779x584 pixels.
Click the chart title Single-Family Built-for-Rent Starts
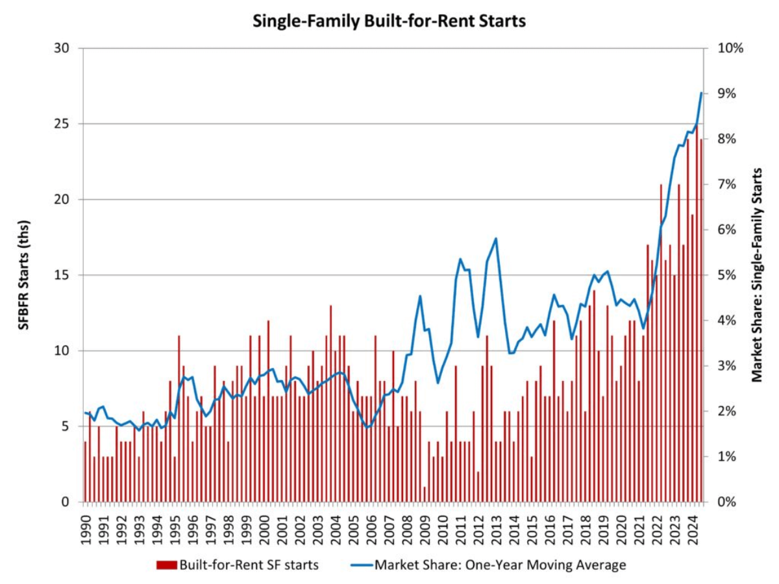[x=389, y=21]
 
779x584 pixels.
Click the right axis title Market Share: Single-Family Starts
[x=757, y=275]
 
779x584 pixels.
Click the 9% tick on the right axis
[x=725, y=93]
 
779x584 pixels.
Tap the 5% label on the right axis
[x=725, y=275]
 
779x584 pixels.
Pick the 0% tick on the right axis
[x=725, y=502]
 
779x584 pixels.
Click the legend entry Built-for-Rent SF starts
[x=238, y=565]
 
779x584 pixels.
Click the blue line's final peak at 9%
[x=701, y=93]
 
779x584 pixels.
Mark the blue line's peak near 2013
[x=496, y=238]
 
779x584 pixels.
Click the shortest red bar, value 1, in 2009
[x=425, y=494]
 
